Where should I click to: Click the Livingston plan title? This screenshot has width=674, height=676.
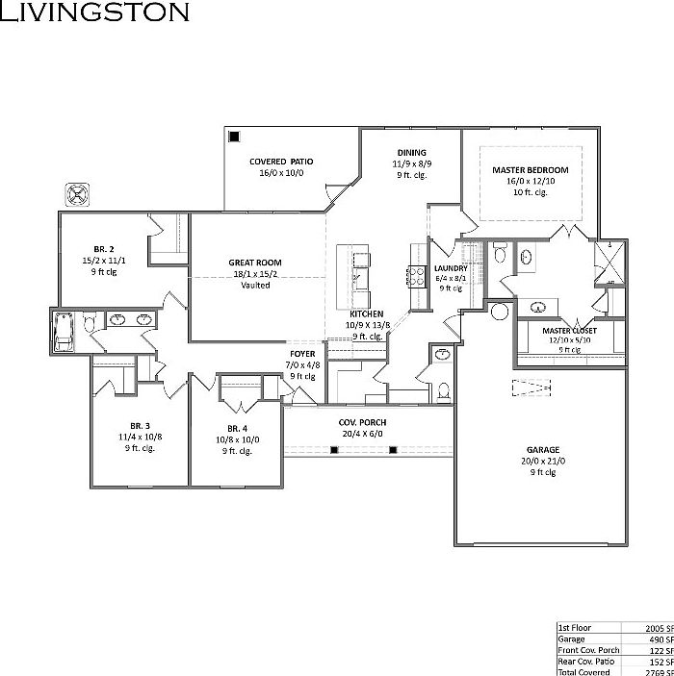[x=94, y=13]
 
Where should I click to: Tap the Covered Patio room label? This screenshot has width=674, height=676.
[x=281, y=162]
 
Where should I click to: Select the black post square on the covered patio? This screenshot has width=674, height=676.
[x=234, y=137]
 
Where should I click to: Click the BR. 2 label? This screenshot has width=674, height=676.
[x=104, y=248]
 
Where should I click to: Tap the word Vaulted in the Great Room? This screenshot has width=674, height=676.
[x=255, y=285]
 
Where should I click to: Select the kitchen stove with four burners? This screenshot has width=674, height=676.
[x=418, y=277]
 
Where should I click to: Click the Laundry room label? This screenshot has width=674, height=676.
[x=451, y=268]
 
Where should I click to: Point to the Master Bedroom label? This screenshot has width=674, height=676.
[x=530, y=170]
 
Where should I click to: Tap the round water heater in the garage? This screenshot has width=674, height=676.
[x=500, y=312]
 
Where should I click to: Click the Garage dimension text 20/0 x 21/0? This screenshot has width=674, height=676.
[x=542, y=461]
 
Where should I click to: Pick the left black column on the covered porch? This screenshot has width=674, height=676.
[x=334, y=449]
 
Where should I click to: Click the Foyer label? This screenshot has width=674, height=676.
[x=302, y=354]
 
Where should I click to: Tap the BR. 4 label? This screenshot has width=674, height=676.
[x=237, y=428]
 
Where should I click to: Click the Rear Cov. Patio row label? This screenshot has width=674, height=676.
[x=589, y=662]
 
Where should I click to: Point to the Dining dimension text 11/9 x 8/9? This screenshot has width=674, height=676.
[x=411, y=164]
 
